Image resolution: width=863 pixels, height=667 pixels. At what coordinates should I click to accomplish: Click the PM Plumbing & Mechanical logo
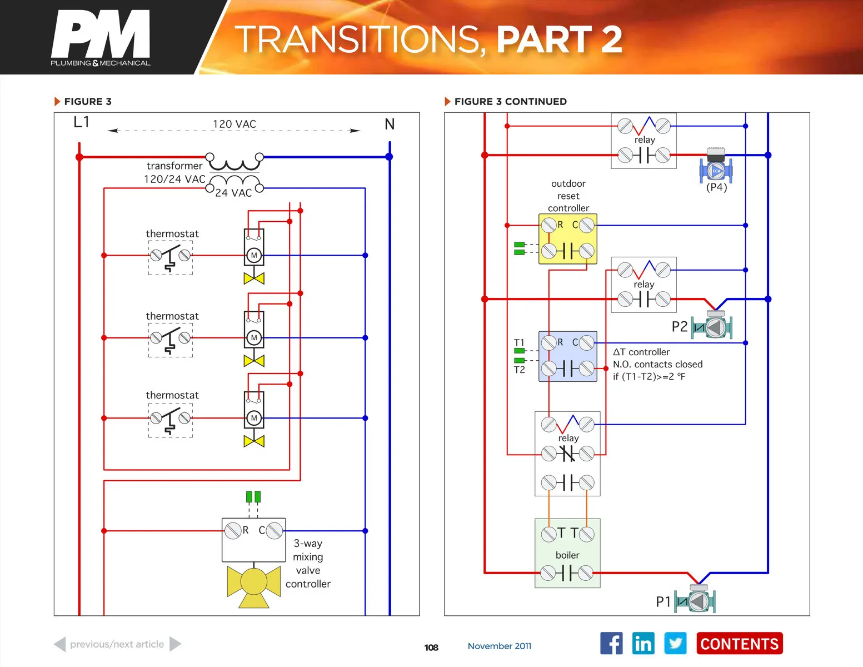click(101, 38)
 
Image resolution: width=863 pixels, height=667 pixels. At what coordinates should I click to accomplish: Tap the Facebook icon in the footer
click(611, 644)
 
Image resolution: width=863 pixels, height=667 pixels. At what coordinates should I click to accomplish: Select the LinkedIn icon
click(643, 644)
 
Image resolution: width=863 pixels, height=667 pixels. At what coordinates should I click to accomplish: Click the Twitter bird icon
click(675, 644)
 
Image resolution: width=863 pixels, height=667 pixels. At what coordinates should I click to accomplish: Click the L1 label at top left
click(81, 122)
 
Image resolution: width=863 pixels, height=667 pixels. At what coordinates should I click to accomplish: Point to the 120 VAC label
click(235, 124)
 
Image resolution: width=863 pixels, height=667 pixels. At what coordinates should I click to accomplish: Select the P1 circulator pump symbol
click(695, 600)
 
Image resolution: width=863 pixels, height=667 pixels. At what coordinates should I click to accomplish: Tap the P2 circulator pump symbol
click(712, 326)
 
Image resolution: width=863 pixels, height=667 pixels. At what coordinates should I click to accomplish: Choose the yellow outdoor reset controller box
click(567, 238)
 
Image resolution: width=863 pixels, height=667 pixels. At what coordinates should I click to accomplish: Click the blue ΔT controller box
click(567, 356)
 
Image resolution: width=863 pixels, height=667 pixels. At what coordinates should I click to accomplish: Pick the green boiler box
click(567, 553)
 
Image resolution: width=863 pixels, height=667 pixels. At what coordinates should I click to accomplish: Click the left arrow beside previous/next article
click(60, 644)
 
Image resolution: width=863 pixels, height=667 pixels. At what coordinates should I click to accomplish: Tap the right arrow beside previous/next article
click(175, 644)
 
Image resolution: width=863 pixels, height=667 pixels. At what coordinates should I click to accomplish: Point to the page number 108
click(431, 648)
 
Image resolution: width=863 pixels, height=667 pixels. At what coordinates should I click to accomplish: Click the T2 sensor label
click(519, 370)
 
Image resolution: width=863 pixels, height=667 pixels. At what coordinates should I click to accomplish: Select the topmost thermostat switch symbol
click(171, 256)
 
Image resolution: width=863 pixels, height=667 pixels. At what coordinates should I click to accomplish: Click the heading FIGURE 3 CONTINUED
click(510, 102)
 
